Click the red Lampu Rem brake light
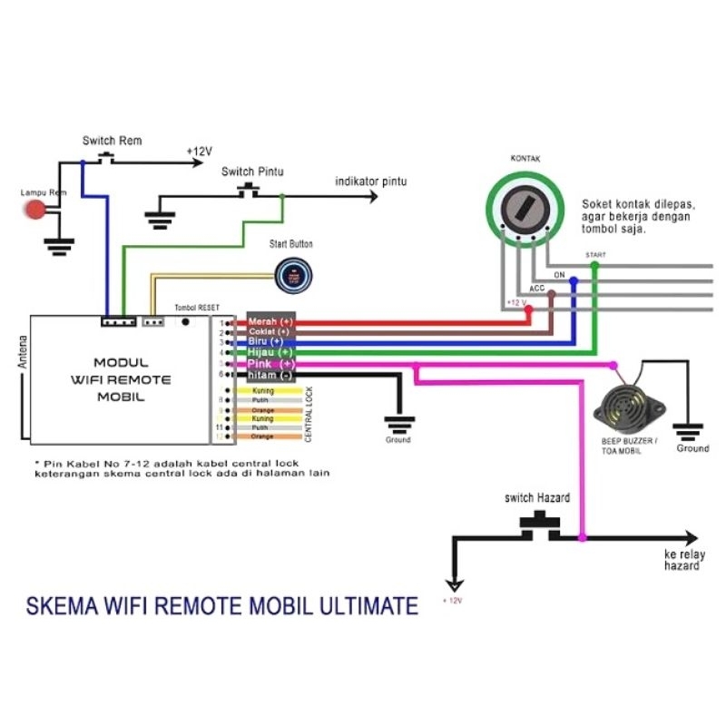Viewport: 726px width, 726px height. coord(36,211)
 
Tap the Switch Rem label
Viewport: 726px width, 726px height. coord(112,142)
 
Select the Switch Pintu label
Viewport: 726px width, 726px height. coord(250,172)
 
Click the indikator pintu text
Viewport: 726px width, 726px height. coord(370,181)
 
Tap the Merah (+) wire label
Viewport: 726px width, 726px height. coord(270,322)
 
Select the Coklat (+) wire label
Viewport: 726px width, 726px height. coord(270,332)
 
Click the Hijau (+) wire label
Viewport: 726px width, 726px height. coord(270,352)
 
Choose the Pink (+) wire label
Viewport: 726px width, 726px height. coord(270,363)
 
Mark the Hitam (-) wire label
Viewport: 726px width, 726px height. coord(270,374)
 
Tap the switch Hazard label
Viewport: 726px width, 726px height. coord(537,498)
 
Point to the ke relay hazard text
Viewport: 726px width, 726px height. coord(682,561)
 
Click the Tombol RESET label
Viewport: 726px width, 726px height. coord(197,309)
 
